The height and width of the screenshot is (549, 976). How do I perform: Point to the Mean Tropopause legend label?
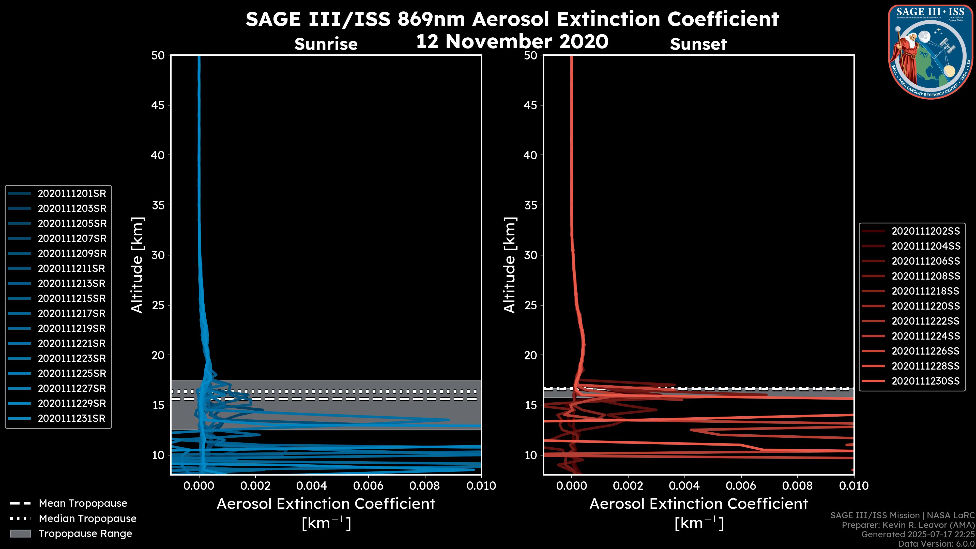(83, 504)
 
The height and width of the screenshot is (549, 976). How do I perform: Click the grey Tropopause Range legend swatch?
(20, 533)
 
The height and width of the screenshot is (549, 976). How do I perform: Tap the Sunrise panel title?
(326, 44)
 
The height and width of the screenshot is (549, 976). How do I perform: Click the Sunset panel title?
(698, 44)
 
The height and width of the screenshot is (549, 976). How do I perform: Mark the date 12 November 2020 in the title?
(512, 41)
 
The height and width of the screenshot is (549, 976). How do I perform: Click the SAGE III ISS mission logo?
(930, 52)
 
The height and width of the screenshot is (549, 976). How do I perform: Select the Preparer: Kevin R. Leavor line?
(908, 525)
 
